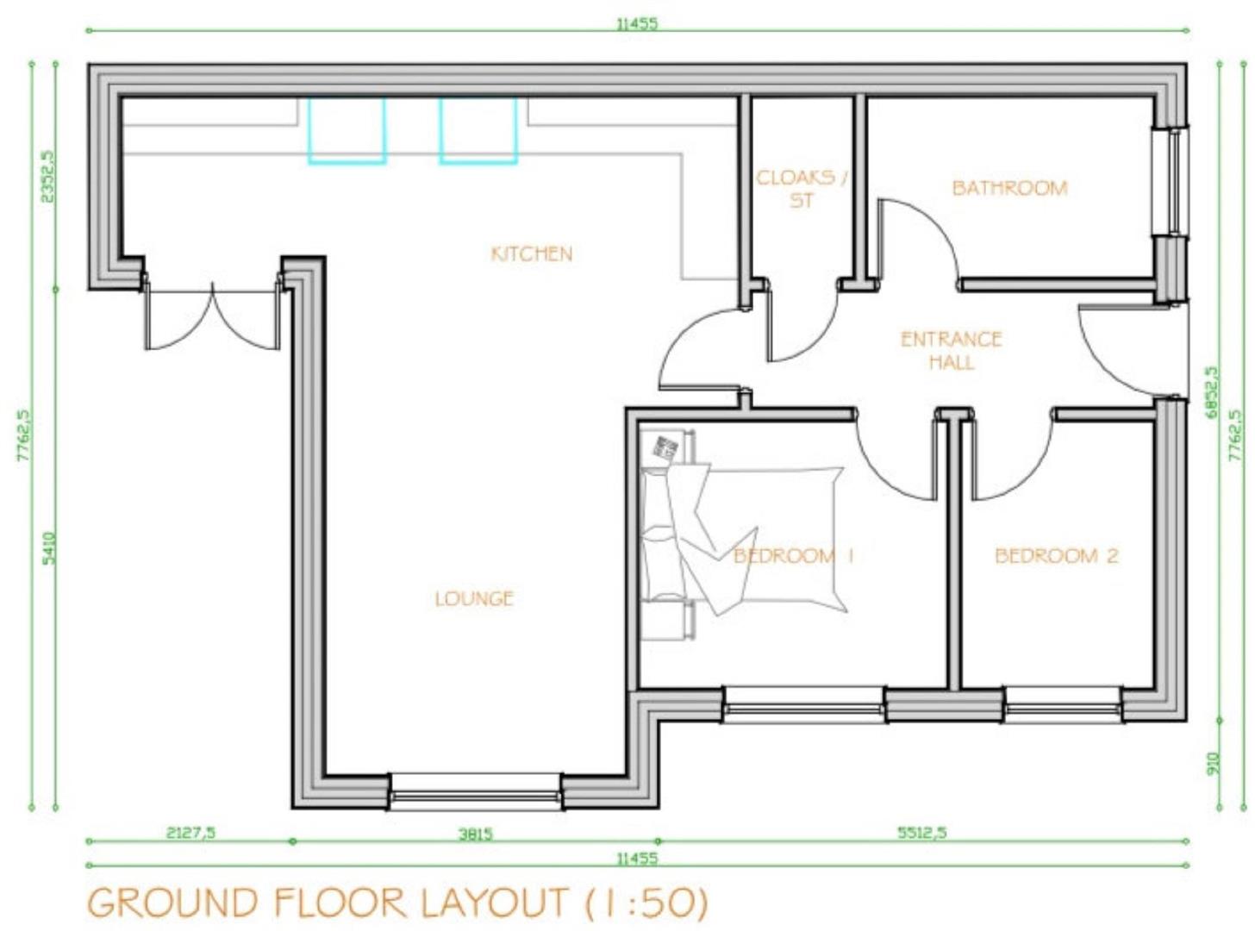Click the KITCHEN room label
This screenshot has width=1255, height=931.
(x=531, y=253)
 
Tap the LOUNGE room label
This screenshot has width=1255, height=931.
(x=474, y=598)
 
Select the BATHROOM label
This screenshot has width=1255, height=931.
(x=1009, y=188)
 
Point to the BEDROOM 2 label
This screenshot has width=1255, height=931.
(x=1057, y=556)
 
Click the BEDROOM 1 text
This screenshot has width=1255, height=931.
(x=793, y=556)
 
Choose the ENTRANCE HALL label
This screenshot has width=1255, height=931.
(x=951, y=350)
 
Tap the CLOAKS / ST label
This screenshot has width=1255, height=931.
(x=802, y=189)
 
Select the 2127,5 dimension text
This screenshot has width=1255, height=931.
(x=190, y=833)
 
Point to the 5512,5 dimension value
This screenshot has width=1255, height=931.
(x=921, y=833)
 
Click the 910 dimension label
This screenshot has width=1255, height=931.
(x=1213, y=764)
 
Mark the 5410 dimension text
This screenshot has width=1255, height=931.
(x=49, y=548)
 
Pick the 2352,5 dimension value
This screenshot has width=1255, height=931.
(x=49, y=176)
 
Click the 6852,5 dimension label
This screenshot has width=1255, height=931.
(x=1213, y=392)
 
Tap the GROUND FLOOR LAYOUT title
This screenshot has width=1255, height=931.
(x=397, y=903)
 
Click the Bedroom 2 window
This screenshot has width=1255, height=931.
(x=1063, y=704)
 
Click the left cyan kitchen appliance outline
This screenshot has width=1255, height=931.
(x=347, y=131)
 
